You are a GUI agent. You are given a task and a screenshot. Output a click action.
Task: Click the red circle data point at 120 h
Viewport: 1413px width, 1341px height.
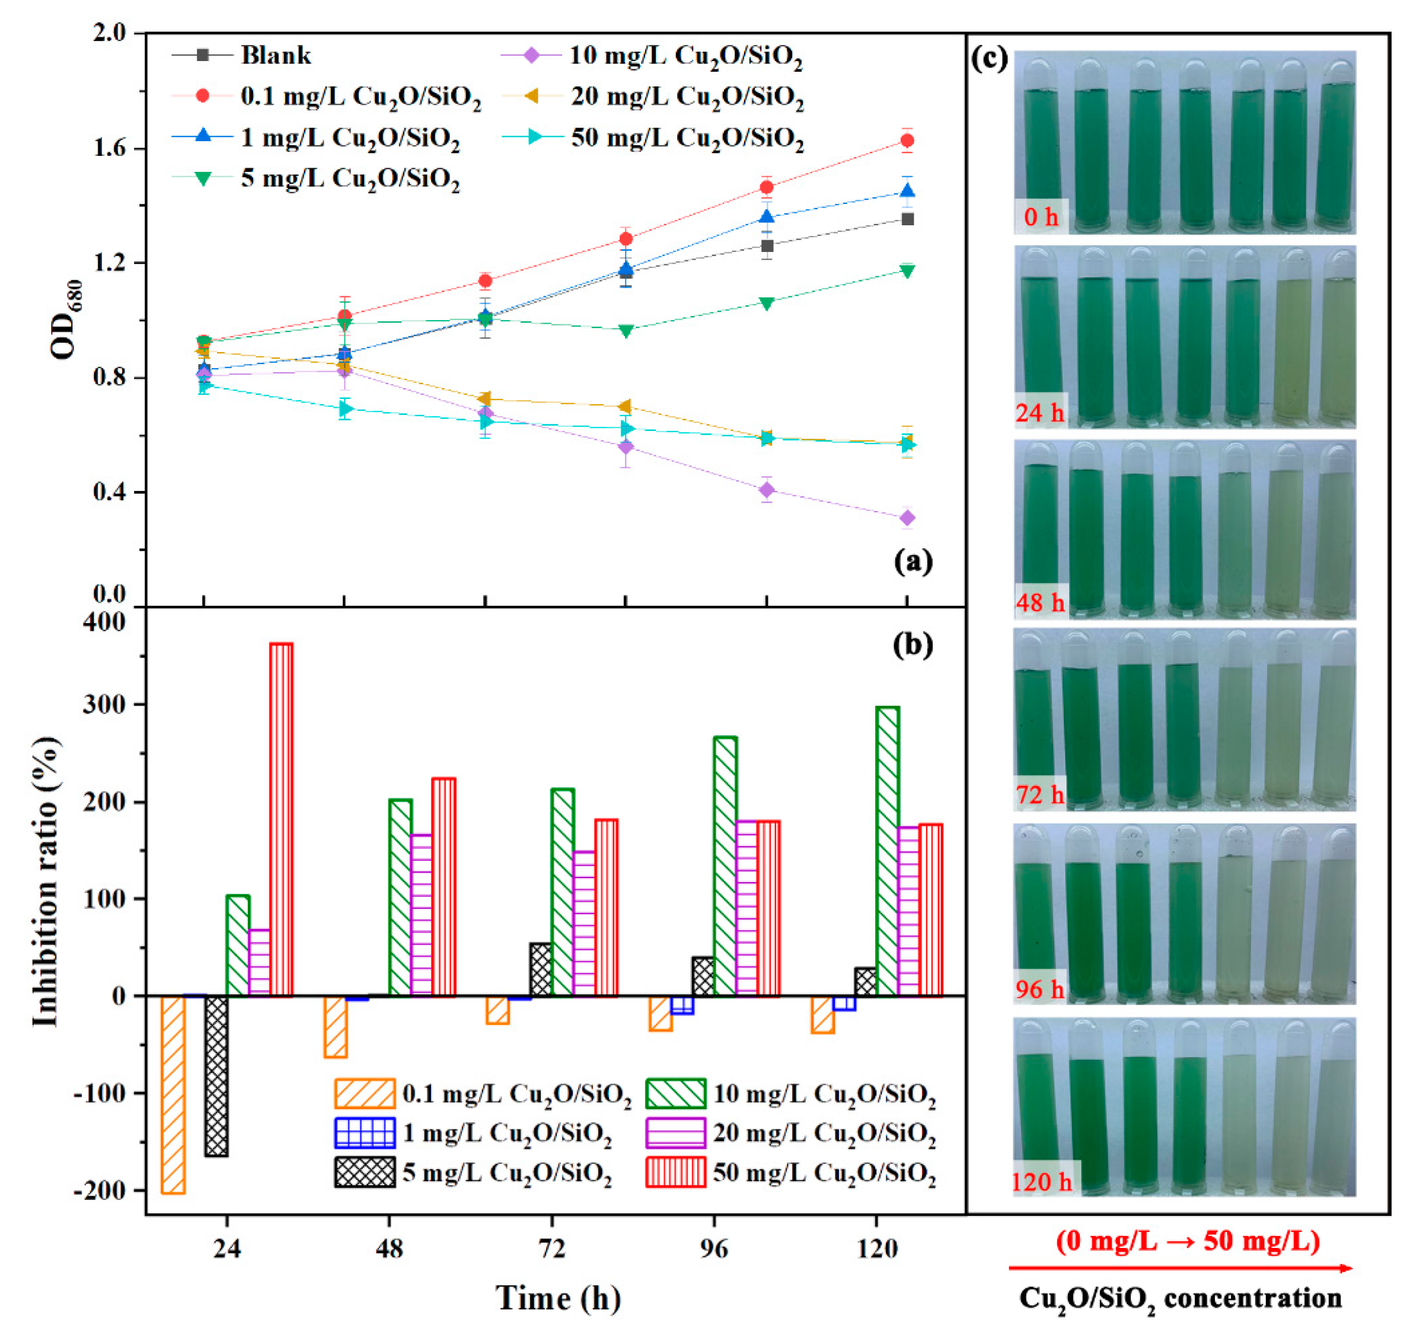[x=907, y=141]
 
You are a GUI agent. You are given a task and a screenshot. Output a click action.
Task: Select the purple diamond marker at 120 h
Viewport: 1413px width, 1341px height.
[x=907, y=518]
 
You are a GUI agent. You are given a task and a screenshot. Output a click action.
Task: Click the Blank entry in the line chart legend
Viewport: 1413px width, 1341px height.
[x=275, y=55]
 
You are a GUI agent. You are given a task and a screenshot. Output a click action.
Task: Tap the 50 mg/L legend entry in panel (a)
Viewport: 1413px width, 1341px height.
[x=687, y=138]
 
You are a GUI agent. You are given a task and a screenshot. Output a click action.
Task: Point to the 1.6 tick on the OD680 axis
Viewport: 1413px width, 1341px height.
[x=109, y=149]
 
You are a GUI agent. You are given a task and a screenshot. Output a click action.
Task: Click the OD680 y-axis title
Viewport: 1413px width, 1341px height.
[x=66, y=319]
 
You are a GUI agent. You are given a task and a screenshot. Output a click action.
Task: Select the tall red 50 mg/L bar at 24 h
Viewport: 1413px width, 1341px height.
[x=281, y=819]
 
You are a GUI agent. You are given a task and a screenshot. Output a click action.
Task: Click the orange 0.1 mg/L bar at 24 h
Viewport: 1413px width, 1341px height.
[x=173, y=1094]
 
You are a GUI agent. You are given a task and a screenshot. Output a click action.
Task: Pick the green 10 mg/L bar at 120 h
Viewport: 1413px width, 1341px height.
[x=886, y=851]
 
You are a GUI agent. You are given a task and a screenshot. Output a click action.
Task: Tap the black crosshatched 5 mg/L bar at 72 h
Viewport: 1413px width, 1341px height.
[x=541, y=969]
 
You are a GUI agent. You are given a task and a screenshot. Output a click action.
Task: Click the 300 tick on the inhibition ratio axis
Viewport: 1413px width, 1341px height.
[x=104, y=705]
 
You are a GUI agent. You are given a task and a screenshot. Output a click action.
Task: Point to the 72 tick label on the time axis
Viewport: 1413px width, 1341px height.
[x=551, y=1248]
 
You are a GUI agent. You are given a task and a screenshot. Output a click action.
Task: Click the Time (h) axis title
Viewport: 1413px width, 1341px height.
[x=558, y=1297]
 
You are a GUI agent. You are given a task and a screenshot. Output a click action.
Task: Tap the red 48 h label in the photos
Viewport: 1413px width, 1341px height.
[x=1039, y=602]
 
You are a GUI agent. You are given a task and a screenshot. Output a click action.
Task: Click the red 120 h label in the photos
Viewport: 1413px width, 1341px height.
[x=1042, y=1182]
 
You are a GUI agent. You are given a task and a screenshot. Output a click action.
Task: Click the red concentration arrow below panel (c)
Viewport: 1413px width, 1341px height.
[x=1180, y=1268]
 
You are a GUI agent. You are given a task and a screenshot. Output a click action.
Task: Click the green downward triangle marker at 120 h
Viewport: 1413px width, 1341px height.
[x=907, y=271]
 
